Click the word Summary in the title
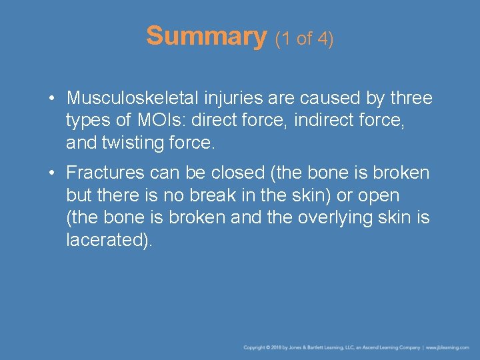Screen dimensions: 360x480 tap(206, 36)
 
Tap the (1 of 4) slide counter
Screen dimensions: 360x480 tap(304, 39)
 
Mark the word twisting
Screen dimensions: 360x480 tap(136, 144)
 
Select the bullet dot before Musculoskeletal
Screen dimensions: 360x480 tap(51, 99)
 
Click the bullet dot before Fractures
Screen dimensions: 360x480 tap(51, 173)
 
